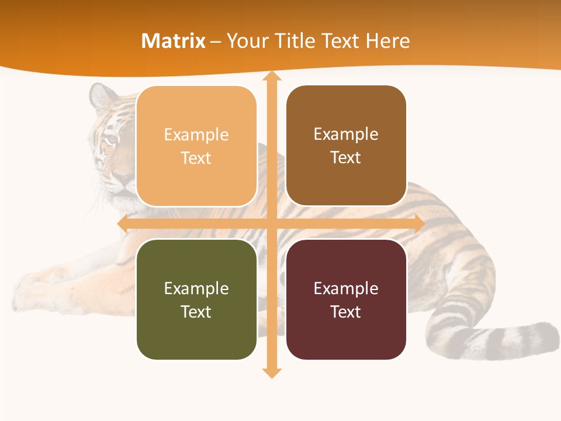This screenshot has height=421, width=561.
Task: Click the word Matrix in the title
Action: (173, 41)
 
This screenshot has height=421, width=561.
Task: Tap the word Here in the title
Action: (388, 41)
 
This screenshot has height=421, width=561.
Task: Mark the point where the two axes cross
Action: (271, 224)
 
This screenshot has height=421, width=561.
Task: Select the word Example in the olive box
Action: (196, 288)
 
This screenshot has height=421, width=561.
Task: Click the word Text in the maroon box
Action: (346, 312)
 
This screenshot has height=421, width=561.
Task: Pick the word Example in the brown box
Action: (346, 134)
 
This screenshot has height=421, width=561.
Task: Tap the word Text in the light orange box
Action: (196, 158)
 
